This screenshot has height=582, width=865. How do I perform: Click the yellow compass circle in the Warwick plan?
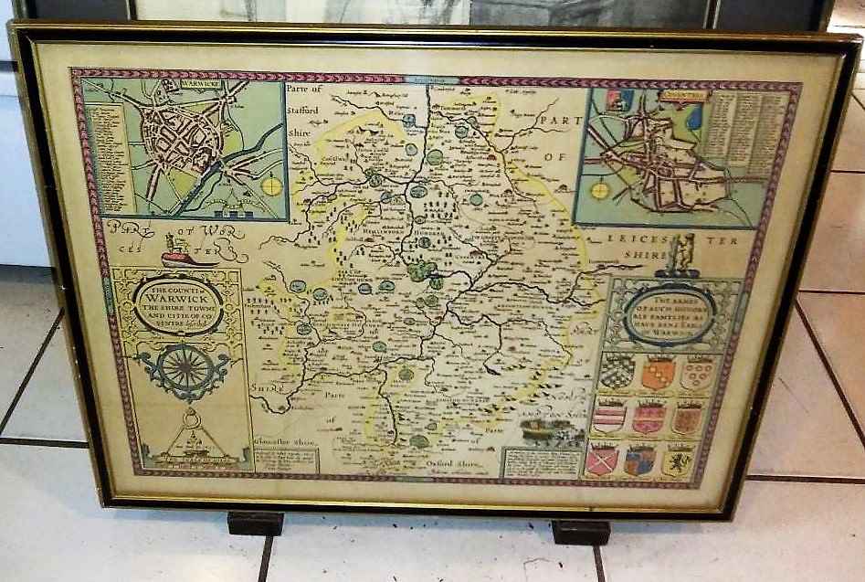271,185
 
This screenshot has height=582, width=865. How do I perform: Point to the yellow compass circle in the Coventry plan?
600,190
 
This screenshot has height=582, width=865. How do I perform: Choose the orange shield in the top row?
658,373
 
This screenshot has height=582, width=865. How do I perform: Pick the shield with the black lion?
677,460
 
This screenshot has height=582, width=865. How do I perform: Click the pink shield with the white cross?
600,460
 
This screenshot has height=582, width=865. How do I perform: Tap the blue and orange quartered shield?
638,460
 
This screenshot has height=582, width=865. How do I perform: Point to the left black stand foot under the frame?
255,523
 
